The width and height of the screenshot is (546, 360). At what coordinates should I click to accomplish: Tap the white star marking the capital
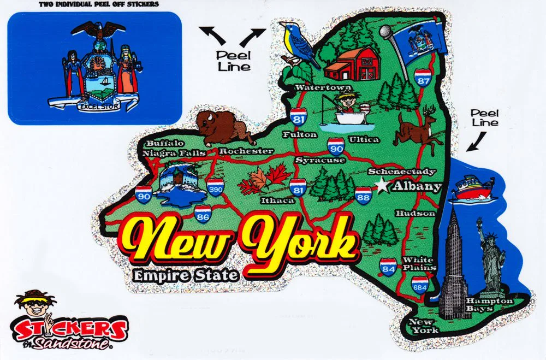click(x=382, y=186)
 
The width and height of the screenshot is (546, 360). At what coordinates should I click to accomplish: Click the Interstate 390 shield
click(x=215, y=187)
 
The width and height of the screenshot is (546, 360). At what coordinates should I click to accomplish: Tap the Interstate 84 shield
click(x=388, y=267)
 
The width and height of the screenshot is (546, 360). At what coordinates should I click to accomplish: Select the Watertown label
click(x=316, y=87)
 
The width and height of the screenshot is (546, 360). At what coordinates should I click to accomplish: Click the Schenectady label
click(x=401, y=171)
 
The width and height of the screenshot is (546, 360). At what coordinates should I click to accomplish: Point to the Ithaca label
click(x=277, y=200)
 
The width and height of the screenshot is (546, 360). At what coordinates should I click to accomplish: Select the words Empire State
click(x=186, y=274)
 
